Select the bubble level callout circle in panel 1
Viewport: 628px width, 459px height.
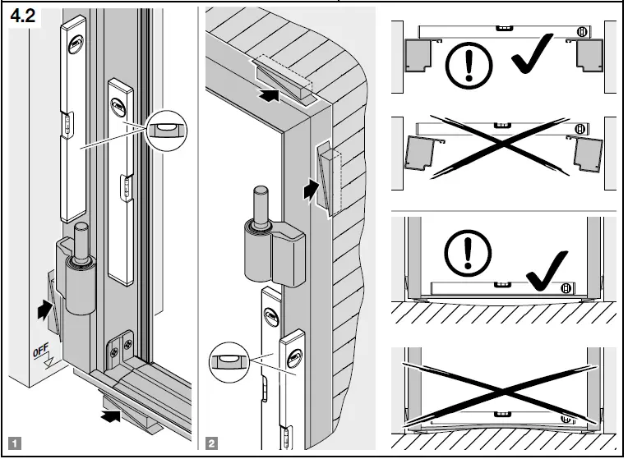[167, 128]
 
